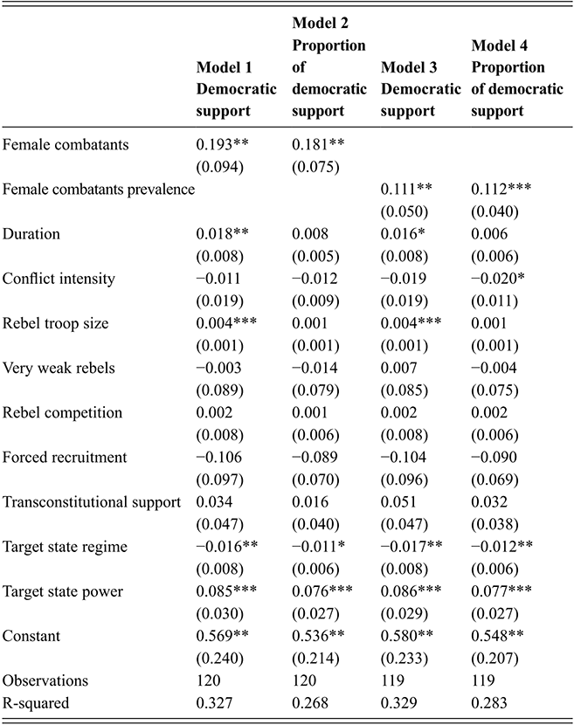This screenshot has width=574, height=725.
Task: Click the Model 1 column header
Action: tap(236, 89)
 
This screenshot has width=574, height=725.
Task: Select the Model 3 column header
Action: tap(421, 89)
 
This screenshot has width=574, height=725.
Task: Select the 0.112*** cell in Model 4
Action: tap(505, 190)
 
